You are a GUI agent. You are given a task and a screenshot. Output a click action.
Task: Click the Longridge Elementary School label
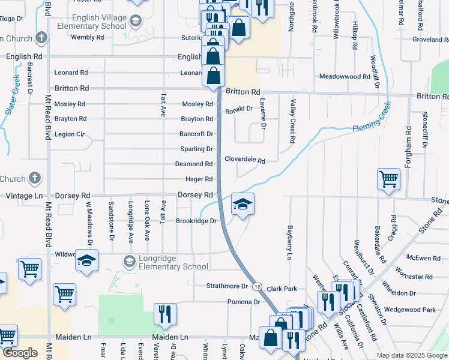pyautogui.click(x=173, y=262)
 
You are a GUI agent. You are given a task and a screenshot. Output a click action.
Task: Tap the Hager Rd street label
pyautogui.click(x=199, y=179)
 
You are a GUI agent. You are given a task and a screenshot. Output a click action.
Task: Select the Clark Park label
pyautogui.click(x=282, y=289)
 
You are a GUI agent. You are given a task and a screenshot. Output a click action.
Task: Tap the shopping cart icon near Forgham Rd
pyautogui.click(x=388, y=178)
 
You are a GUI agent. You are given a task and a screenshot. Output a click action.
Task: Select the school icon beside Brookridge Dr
pyautogui.click(x=243, y=205)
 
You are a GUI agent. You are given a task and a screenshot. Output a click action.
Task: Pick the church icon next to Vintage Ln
pyautogui.click(x=35, y=178)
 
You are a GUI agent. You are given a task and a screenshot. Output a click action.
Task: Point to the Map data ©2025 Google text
pyautogui.click(x=412, y=355)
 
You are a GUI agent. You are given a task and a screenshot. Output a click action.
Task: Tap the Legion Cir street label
pyautogui.click(x=68, y=134)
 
